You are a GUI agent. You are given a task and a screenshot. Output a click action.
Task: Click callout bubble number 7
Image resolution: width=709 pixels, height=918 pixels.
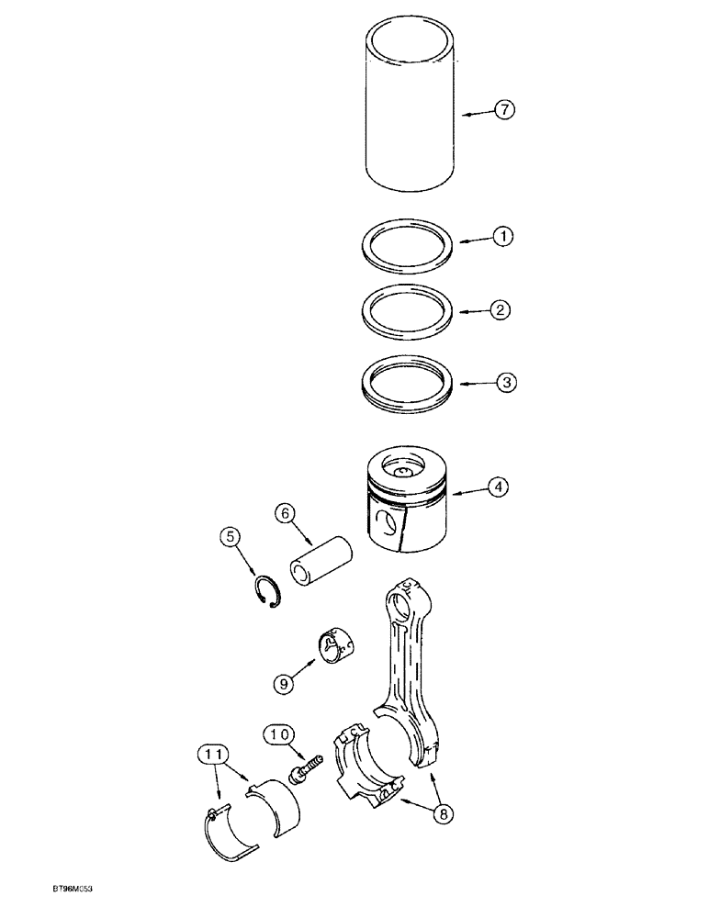[504, 110]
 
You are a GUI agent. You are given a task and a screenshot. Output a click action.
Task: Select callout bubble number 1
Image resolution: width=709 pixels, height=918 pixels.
[501, 237]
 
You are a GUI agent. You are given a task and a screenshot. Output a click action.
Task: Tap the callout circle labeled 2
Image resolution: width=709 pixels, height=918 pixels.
[501, 310]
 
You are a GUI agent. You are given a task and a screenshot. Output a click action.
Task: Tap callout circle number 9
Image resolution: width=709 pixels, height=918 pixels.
[281, 682]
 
